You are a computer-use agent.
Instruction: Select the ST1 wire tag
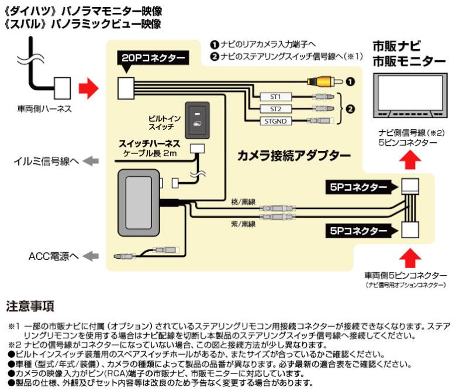click(x=275, y=97)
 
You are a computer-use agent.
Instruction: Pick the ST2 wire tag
click(x=275, y=108)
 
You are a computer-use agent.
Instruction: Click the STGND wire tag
click(x=275, y=121)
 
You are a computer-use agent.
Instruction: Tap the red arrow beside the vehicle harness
click(x=88, y=88)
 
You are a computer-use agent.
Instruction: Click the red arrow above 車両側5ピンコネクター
click(x=412, y=255)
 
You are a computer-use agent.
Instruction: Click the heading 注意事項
click(x=30, y=306)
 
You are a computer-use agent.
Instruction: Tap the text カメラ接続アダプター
click(x=293, y=156)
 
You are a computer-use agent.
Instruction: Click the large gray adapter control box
click(x=138, y=195)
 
